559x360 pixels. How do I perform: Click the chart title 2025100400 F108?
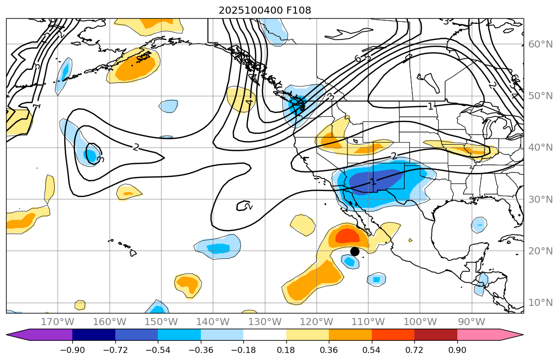pos(265,10)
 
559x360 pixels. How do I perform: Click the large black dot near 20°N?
pos(355,251)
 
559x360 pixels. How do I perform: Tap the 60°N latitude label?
pos(540,44)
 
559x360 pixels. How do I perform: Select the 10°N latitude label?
pos(540,302)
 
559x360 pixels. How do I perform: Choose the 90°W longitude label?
pos(471,322)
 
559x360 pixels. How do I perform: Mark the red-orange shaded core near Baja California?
pos(347,236)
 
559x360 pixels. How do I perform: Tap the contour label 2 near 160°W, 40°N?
pos(136,147)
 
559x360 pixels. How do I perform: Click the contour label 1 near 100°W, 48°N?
pos(430,106)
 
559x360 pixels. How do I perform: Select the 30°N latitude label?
pos(540,199)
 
